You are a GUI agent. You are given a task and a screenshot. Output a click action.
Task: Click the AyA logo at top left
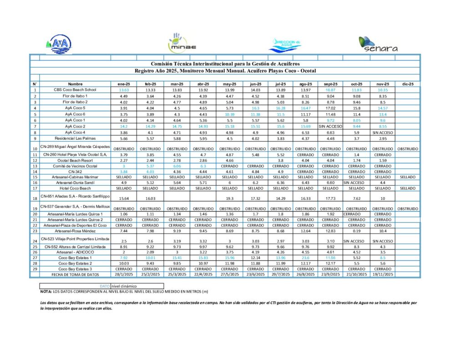[59, 45]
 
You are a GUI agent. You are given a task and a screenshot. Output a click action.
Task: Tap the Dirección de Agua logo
[285, 45]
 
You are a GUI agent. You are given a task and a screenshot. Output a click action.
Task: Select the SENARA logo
[377, 44]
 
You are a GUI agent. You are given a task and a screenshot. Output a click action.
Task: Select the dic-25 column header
[408, 84]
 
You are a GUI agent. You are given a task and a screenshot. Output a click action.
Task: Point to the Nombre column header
[75, 84]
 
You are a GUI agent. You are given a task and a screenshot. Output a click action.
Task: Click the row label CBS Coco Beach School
[75, 90]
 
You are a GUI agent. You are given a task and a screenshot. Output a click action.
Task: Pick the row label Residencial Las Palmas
[75, 138]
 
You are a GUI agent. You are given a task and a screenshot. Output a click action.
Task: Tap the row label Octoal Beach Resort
[75, 160]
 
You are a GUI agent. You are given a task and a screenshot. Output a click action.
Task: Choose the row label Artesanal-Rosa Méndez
[75, 231]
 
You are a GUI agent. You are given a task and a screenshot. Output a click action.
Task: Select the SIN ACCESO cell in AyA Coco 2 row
[330, 126]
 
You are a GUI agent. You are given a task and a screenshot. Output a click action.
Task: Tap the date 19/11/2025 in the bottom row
[383, 274]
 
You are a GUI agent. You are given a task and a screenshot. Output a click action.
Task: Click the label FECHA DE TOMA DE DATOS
[75, 274]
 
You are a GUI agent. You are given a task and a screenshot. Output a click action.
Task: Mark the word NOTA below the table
[46, 291]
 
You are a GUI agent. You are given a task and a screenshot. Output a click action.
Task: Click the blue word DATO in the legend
[105, 285]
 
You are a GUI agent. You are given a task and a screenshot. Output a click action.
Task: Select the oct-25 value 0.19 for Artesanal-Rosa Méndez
[356, 231]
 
